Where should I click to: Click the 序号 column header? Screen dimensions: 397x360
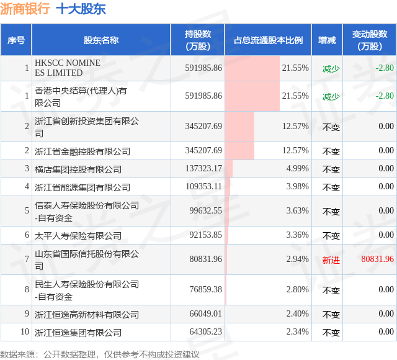(16, 40)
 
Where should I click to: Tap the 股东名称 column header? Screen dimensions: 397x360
(101, 40)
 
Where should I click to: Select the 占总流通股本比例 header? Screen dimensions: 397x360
(268, 40)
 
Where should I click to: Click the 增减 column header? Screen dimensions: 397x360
(327, 40)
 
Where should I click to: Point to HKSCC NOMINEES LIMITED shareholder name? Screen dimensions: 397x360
(68, 68)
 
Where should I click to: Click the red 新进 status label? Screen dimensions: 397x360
(331, 260)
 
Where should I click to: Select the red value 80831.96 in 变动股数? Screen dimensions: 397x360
(377, 259)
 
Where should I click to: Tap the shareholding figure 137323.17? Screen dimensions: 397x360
(203, 168)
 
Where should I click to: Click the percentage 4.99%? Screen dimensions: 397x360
(297, 168)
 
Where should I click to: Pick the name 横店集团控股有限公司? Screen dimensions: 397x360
(78, 169)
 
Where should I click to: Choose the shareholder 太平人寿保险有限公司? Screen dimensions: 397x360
(78, 236)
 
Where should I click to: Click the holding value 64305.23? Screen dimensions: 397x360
(205, 331)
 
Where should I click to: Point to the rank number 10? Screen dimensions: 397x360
(25, 331)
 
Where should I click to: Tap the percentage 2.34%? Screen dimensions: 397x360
(297, 331)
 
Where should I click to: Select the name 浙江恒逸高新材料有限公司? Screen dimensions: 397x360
(87, 315)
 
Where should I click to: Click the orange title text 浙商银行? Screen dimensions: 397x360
(25, 9)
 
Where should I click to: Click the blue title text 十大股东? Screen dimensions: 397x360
(81, 9)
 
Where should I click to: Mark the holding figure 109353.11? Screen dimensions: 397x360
(203, 186)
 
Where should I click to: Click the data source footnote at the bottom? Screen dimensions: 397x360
(99, 354)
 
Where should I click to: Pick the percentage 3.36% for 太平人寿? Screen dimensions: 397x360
(297, 235)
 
